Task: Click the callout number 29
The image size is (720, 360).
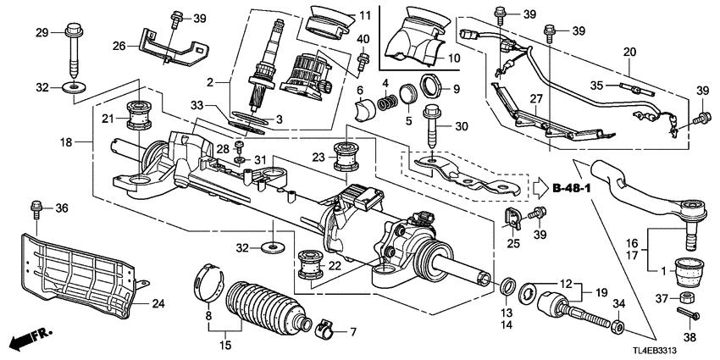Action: click(x=42, y=32)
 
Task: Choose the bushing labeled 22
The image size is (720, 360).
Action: click(x=314, y=266)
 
